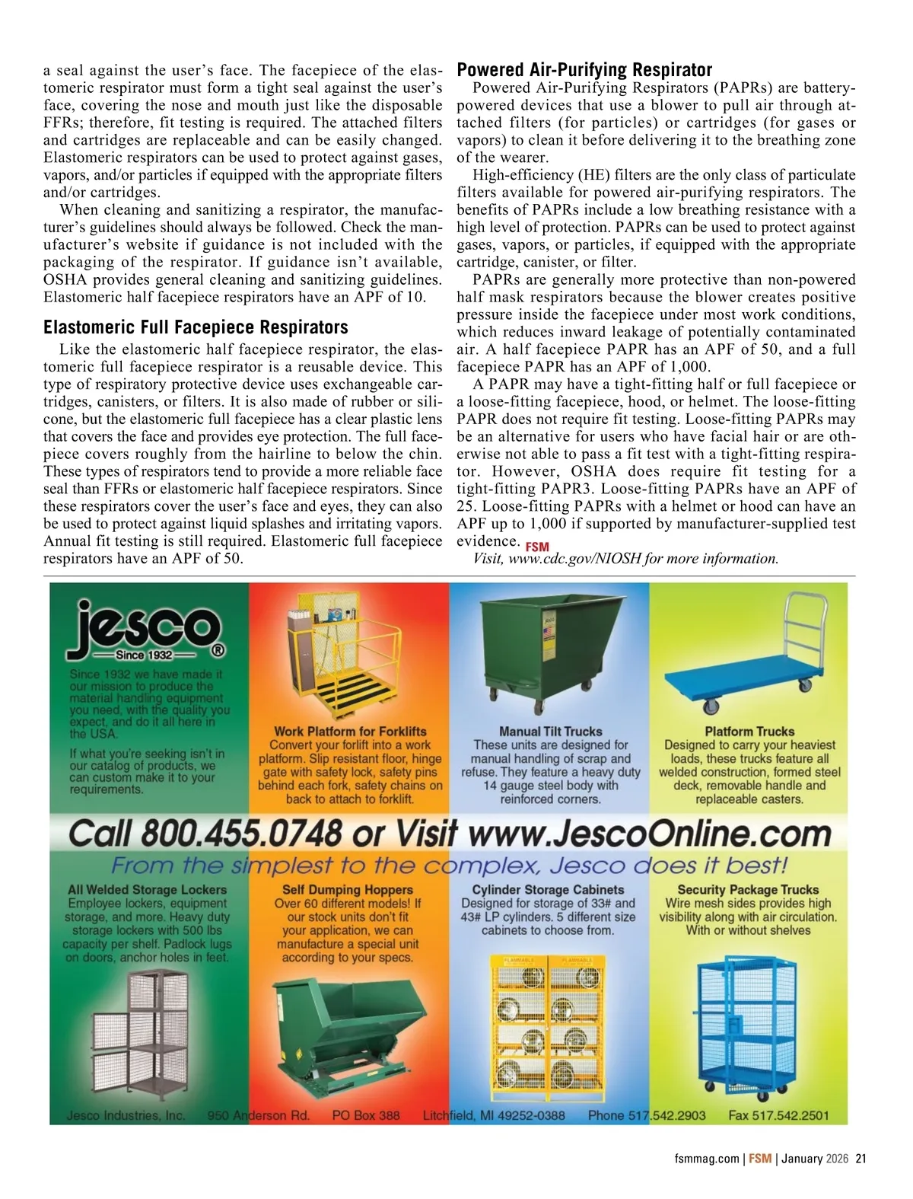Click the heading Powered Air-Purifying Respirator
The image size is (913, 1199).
(584, 70)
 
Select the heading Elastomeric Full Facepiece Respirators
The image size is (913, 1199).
(196, 327)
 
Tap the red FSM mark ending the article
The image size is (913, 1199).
(537, 547)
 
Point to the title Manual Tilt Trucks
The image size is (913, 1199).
(550, 732)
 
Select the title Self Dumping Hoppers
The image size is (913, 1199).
(347, 890)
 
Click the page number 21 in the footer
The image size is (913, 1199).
(861, 1159)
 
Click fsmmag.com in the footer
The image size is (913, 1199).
(706, 1159)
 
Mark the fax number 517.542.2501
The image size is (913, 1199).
(791, 1115)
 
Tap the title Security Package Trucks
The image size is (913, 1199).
(748, 890)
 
